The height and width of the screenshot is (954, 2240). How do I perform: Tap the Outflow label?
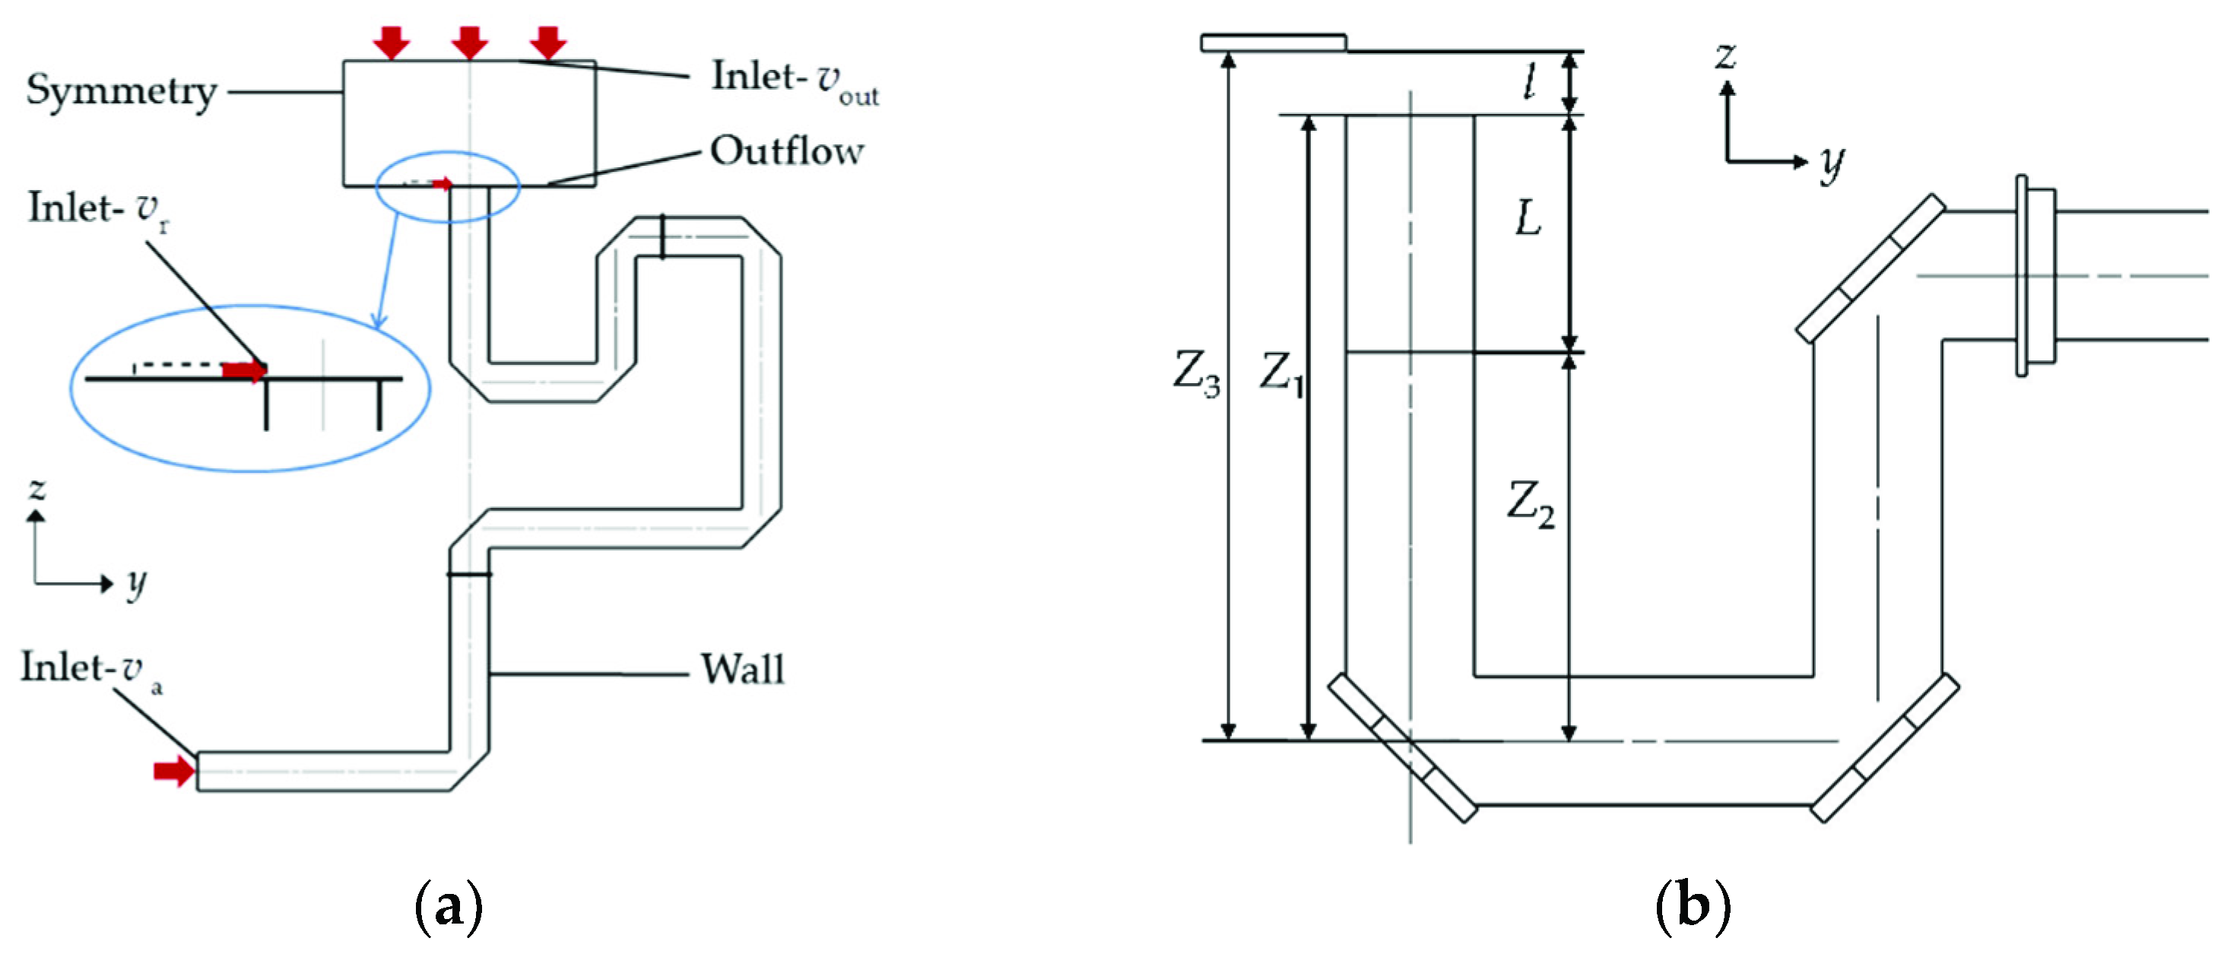pos(787,151)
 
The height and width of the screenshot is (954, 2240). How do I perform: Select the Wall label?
pos(743,670)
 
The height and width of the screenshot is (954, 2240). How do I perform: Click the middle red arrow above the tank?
pos(470,41)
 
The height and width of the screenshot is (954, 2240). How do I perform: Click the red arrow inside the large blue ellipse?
pos(243,370)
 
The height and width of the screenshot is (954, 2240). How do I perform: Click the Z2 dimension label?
pos(1531,505)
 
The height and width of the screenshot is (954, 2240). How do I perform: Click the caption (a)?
pos(448,907)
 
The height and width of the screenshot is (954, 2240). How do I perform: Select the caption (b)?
pos(1693,907)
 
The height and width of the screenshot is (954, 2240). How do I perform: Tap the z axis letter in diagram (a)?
pos(36,489)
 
